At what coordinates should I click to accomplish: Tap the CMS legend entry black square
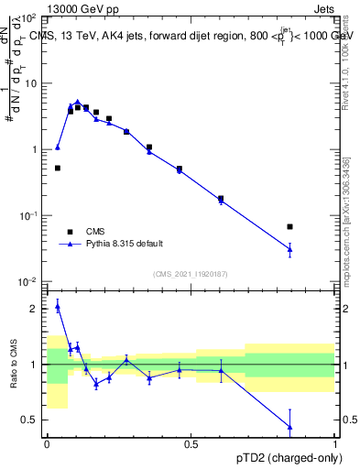point(69,232)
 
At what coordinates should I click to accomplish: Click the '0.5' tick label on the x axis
point(191,444)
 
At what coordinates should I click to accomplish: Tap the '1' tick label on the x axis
point(334,444)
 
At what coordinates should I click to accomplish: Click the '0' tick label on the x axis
point(47,444)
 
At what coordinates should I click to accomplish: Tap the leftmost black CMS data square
point(58,168)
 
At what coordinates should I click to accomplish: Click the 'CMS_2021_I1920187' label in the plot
point(190,274)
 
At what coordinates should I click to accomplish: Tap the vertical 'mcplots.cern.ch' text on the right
point(345,220)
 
